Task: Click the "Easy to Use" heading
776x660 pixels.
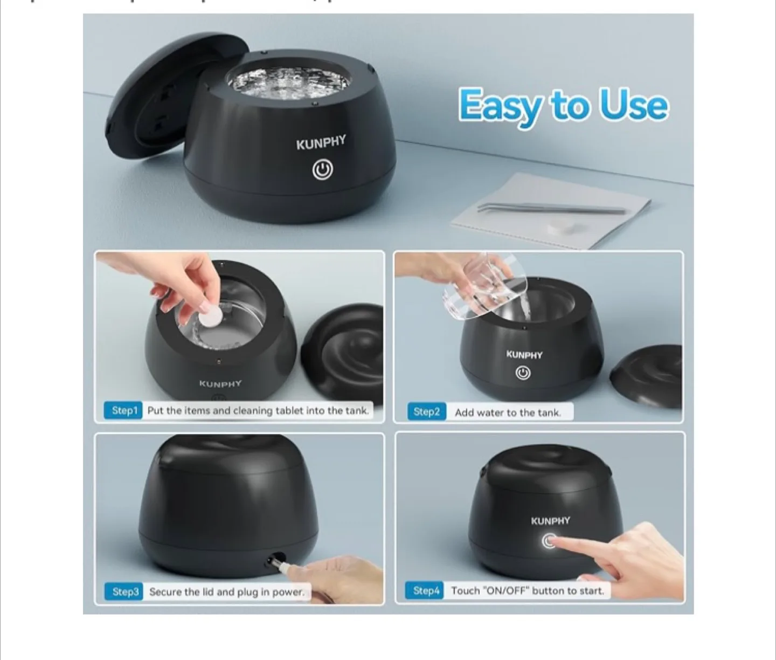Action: [563, 106]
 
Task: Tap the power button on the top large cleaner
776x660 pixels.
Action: [322, 170]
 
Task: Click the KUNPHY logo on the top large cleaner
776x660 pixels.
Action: [321, 143]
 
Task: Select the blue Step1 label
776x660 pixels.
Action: [124, 410]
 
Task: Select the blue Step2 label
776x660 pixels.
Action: [426, 412]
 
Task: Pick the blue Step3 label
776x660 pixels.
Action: [125, 592]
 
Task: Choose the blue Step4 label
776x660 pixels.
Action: [426, 590]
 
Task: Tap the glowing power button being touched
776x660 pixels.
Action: [549, 541]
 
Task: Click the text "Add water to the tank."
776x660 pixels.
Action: [508, 412]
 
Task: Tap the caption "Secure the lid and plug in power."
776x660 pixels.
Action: [226, 592]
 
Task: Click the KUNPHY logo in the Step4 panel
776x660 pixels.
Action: [550, 521]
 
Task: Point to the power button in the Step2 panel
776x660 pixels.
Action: [522, 373]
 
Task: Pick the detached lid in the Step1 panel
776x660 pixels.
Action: [343, 356]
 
